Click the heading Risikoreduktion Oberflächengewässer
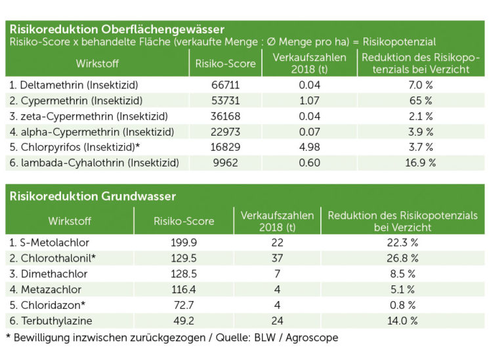click(117, 30)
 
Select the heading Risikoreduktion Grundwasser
click(93, 196)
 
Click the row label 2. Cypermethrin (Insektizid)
click(75, 101)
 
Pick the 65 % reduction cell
click(420, 101)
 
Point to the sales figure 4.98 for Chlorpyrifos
click(301, 147)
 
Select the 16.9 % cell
click(420, 163)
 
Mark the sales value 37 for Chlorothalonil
click(276, 258)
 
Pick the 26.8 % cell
click(402, 258)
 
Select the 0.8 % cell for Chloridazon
click(402, 305)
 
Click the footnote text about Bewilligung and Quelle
click(172, 338)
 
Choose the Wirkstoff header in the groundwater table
click(70, 221)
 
